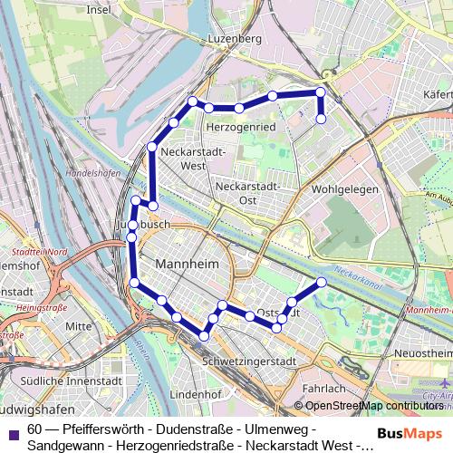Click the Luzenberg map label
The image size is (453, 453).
point(235,39)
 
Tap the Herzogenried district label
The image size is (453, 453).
point(240,128)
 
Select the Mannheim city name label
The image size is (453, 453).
point(188,264)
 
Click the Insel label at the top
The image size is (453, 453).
point(98,9)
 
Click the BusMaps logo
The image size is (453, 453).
point(410,433)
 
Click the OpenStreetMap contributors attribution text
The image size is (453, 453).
point(374,406)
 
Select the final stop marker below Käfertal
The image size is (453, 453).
point(321,118)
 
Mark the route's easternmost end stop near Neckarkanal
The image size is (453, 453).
point(322,283)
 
